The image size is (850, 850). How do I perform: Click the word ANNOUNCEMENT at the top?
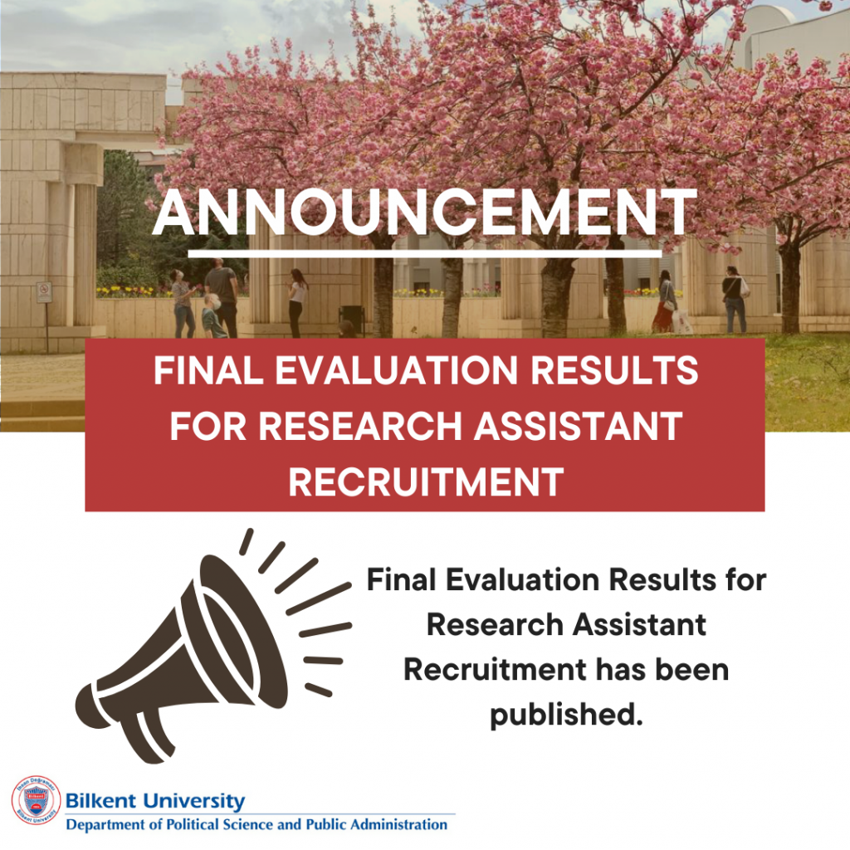coord(424,212)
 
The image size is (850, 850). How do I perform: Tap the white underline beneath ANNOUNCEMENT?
coord(424,254)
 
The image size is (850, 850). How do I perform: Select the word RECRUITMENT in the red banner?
coord(426,481)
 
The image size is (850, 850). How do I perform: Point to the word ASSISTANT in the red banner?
coord(578,426)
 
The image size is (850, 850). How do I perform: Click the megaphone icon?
coord(213,645)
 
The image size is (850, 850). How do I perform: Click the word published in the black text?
coord(566,715)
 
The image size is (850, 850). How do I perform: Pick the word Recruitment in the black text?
coord(495,670)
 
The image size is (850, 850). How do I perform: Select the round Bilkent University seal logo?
coord(36,800)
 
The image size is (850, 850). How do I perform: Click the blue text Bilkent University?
coord(155,801)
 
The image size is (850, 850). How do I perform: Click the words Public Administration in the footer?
coord(377,825)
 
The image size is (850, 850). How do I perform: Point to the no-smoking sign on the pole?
coord(44,292)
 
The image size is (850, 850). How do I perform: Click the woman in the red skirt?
coord(665,301)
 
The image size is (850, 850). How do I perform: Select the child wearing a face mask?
coord(213,316)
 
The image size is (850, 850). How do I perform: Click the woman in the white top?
coord(297,302)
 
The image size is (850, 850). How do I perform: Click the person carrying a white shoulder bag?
coord(735,299)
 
